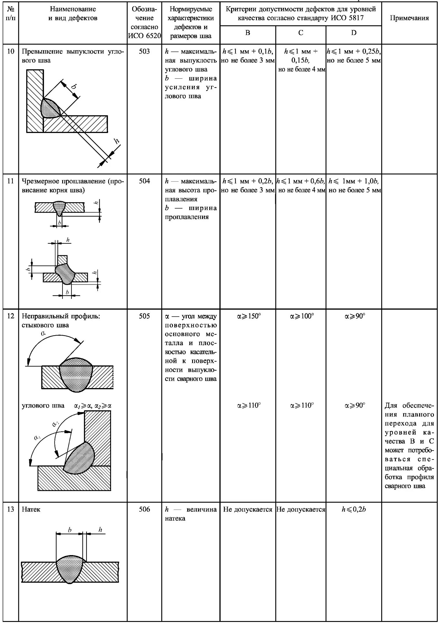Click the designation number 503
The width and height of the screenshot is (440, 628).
pyautogui.click(x=144, y=52)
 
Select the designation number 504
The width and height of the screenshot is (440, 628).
pyautogui.click(x=144, y=181)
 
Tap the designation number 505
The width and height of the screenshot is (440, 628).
pyautogui.click(x=144, y=316)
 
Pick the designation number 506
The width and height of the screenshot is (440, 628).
pyautogui.click(x=144, y=509)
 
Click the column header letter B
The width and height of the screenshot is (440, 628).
pyautogui.click(x=248, y=33)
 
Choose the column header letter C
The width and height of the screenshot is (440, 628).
pyautogui.click(x=301, y=33)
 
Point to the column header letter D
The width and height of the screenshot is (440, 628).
pyautogui.click(x=353, y=33)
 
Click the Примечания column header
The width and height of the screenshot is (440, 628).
pyautogui.click(x=409, y=18)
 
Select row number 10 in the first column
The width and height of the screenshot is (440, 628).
pyautogui.click(x=10, y=52)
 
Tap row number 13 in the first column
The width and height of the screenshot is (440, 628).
pyautogui.click(x=10, y=509)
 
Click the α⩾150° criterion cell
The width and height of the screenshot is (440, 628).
pyautogui.click(x=249, y=316)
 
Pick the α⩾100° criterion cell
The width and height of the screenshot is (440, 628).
pyautogui.click(x=302, y=316)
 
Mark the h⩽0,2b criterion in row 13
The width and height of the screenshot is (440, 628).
pyautogui.click(x=354, y=509)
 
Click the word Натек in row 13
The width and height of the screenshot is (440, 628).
pyautogui.click(x=31, y=509)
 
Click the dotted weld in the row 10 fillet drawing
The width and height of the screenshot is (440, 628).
pyautogui.click(x=50, y=108)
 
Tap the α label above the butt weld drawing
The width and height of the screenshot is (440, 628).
pyautogui.click(x=44, y=334)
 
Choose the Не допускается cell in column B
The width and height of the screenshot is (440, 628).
pyautogui.click(x=248, y=509)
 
